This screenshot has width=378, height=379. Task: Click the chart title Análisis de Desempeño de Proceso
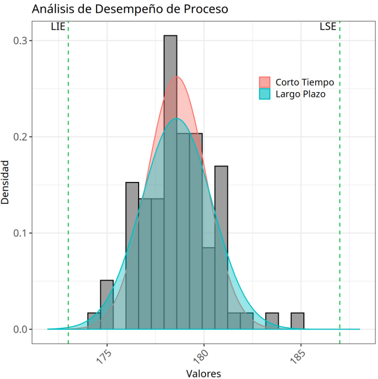pos(130,9)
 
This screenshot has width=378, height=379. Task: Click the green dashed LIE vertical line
pos(68,183)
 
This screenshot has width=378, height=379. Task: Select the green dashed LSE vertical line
pos(340,183)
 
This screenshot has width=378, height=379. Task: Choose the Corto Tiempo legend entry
pos(304,82)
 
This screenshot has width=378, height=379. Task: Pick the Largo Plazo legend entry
pos(300,94)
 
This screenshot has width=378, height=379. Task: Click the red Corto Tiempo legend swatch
pos(265,82)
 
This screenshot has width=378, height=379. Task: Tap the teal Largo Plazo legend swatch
pos(265,94)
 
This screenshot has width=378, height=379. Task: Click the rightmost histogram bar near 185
pos(297,321)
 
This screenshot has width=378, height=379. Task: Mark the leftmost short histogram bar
pos(94,321)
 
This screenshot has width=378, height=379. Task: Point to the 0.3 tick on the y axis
pos(23,41)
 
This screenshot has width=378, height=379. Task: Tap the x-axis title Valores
pos(203,373)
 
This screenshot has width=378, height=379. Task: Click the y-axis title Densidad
pos(6,182)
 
